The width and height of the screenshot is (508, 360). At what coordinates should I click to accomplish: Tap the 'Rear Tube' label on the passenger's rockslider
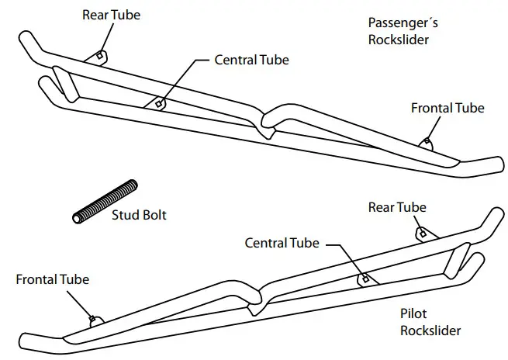[x=112, y=16]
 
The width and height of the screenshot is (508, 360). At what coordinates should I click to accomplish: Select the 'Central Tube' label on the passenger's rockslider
[x=252, y=60]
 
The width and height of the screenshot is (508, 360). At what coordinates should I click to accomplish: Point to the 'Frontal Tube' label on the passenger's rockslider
[x=448, y=108]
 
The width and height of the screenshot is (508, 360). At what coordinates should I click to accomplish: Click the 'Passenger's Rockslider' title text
[x=400, y=31]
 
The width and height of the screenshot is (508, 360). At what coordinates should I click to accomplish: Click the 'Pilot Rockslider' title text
[x=430, y=323]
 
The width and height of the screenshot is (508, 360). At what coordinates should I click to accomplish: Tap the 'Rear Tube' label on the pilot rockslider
[x=397, y=207]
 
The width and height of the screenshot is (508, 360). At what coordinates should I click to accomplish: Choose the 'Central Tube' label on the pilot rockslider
[x=282, y=243]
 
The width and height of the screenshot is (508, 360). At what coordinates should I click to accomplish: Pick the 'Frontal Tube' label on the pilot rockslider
[x=52, y=279]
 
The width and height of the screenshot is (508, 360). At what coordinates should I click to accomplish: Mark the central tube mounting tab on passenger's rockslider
[x=159, y=102]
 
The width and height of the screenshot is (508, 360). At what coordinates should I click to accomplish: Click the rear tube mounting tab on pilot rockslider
[x=421, y=233]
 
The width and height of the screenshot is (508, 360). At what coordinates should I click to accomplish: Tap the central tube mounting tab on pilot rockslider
[x=362, y=279]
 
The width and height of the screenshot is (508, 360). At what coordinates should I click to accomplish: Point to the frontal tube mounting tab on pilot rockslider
[x=93, y=318]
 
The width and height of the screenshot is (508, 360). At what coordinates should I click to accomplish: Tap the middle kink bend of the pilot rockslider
[x=256, y=299]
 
